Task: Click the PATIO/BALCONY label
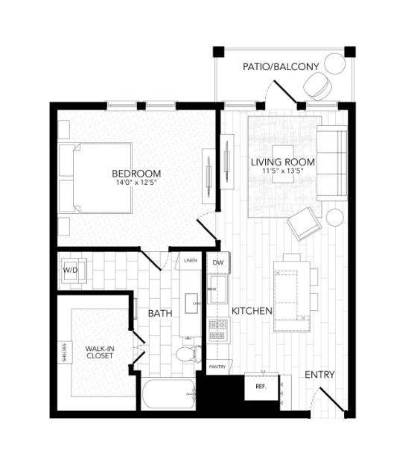pyautogui.click(x=281, y=67)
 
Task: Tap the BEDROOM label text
pyautogui.click(x=137, y=174)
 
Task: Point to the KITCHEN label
pyautogui.click(x=251, y=310)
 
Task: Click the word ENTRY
pyautogui.click(x=319, y=374)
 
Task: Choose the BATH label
pyautogui.click(x=160, y=314)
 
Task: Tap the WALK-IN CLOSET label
pyautogui.click(x=99, y=352)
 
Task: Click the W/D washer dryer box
pyautogui.click(x=71, y=270)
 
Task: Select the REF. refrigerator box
pyautogui.click(x=261, y=388)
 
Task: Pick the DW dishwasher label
pyautogui.click(x=218, y=263)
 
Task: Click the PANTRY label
pyautogui.click(x=217, y=367)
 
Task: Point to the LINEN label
pyautogui.click(x=191, y=261)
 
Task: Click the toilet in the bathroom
pyautogui.click(x=187, y=354)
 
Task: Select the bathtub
pyautogui.click(x=168, y=393)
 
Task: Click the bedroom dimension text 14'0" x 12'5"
pyautogui.click(x=137, y=183)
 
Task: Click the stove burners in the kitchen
pyautogui.click(x=217, y=328)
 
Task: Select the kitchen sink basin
pyautogui.click(x=217, y=291)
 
